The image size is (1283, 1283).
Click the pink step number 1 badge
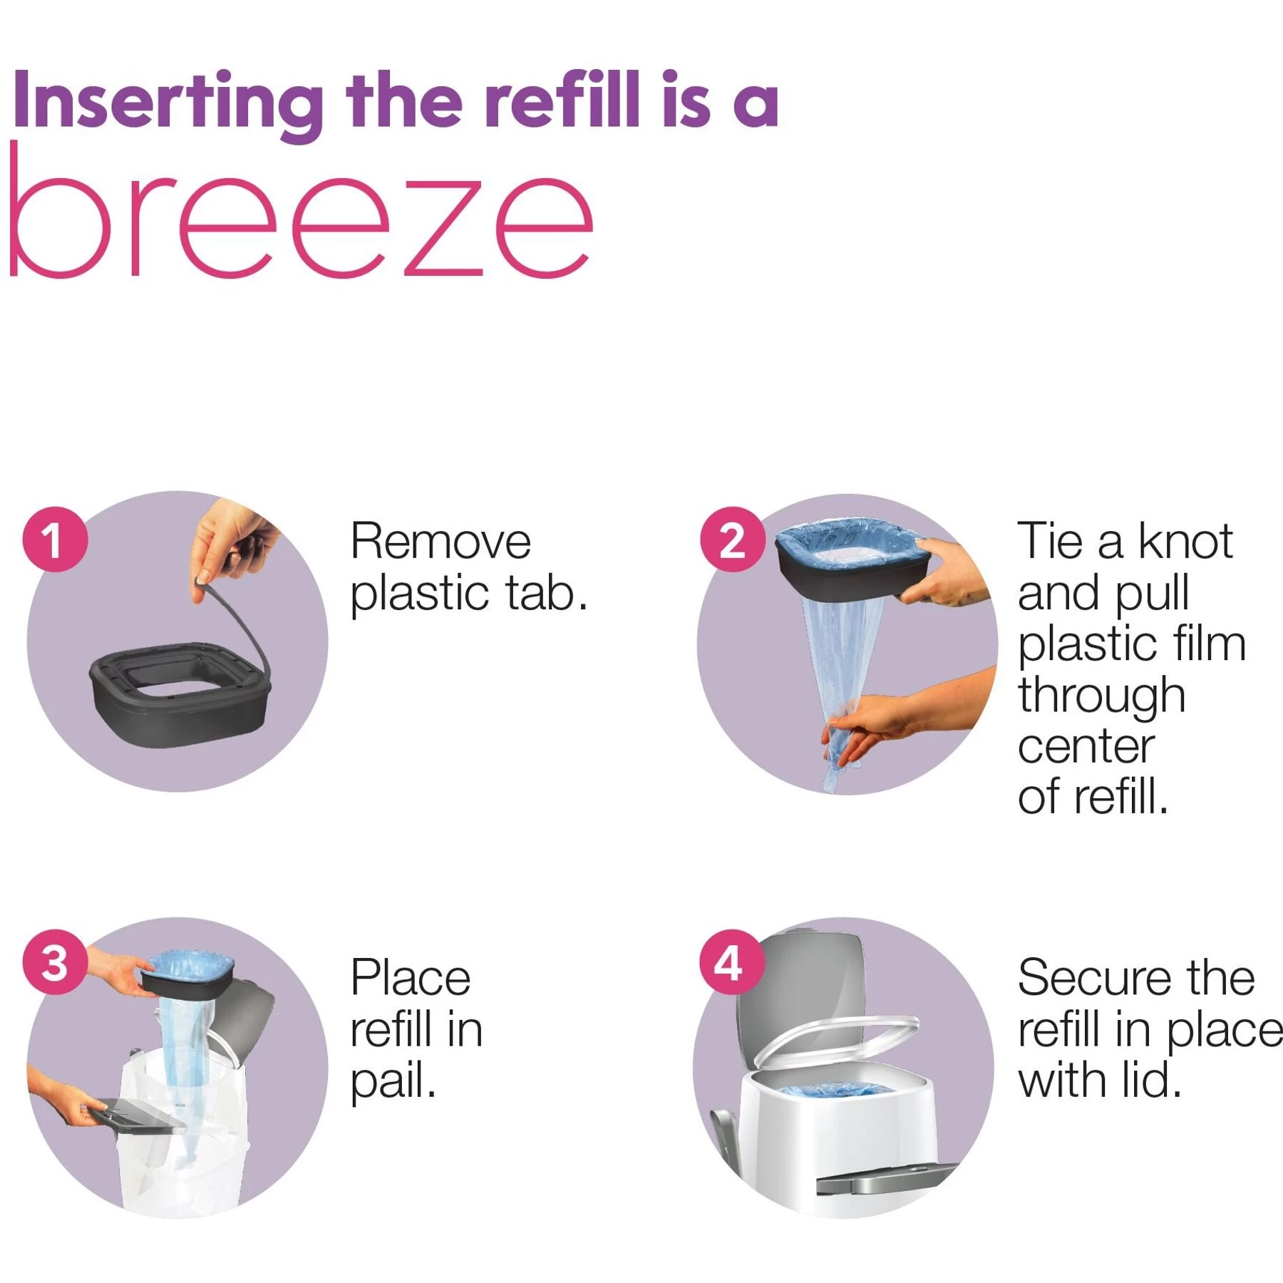[56, 539]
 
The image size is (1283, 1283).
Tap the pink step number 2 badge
[732, 539]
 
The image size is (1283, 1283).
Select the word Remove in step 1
[440, 542]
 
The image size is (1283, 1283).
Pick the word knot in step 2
[1185, 542]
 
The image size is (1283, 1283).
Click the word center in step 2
[1086, 747]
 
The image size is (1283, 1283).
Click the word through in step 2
[1101, 696]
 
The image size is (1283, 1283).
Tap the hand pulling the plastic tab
[232, 542]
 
